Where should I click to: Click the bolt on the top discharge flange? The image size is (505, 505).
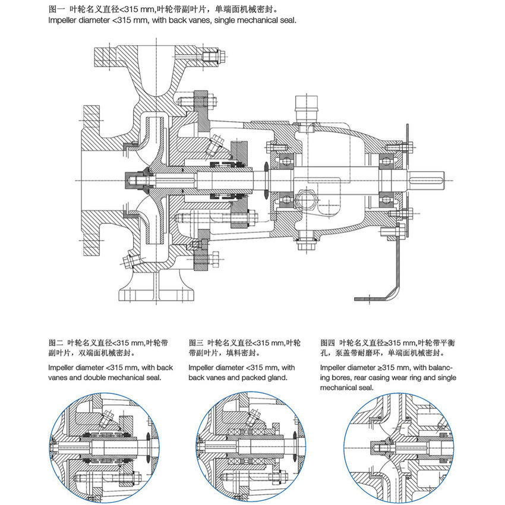(x=211, y=58)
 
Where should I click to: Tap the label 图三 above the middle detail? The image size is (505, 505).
(x=196, y=343)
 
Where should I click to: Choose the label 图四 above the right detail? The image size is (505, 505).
(x=328, y=343)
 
